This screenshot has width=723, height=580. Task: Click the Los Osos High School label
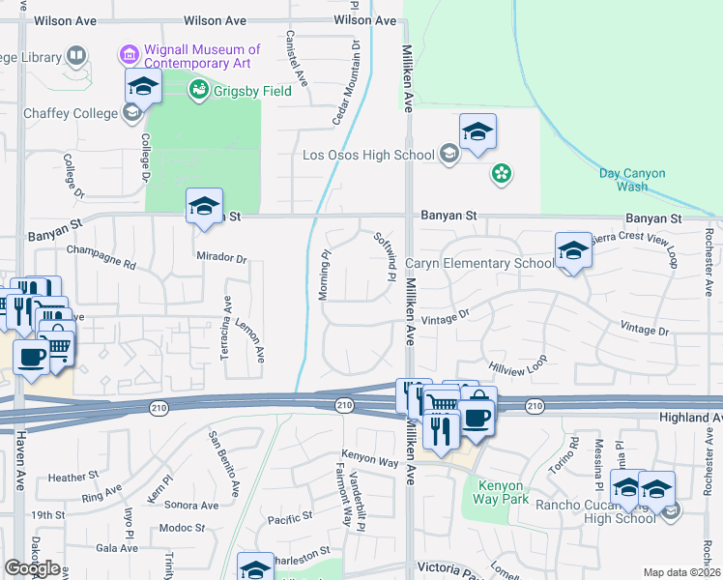[368, 155]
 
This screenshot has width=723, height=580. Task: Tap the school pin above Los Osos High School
[477, 131]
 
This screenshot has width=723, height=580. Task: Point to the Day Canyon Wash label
[632, 180]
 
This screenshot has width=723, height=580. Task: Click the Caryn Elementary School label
[479, 263]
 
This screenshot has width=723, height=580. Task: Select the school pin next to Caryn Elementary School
[573, 251]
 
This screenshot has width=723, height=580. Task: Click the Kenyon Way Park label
[501, 492]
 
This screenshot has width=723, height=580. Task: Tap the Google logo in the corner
[32, 568]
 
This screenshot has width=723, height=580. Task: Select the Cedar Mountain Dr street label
[346, 83]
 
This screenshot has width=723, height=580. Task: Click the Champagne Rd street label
[101, 256]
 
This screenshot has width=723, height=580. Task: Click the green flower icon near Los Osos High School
[502, 174]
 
